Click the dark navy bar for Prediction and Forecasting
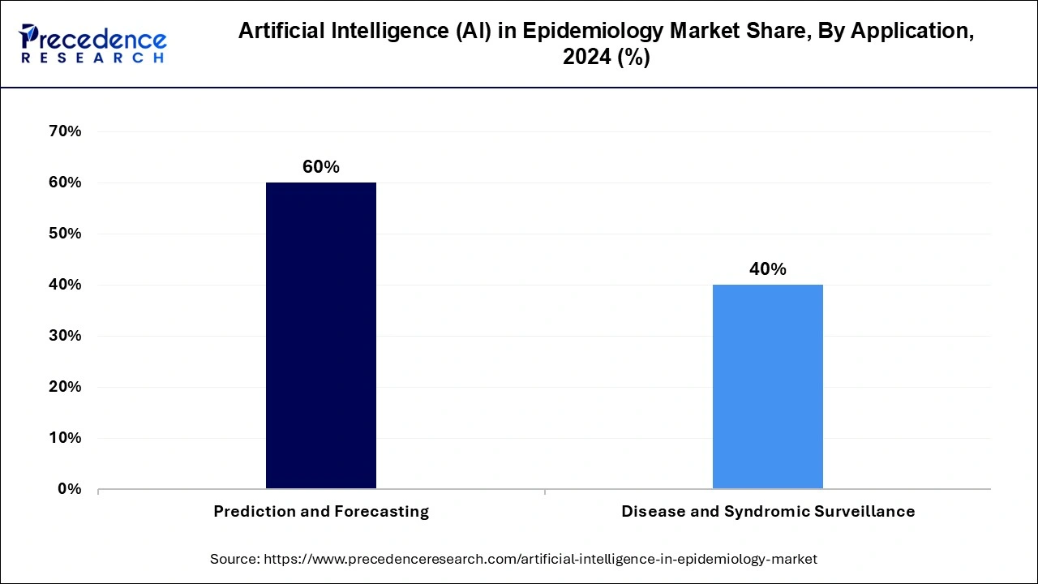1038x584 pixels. [321, 335]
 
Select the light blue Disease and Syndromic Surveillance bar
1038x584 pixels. [767, 386]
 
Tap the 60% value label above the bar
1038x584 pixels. [321, 167]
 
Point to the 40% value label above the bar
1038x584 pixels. [767, 269]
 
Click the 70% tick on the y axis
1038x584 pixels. [66, 131]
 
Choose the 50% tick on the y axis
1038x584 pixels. [66, 234]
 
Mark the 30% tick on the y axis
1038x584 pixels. [66, 336]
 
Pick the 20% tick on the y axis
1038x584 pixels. [66, 387]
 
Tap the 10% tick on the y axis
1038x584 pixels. [66, 438]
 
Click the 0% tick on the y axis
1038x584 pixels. [70, 489]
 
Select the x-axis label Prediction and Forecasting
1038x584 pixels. [321, 512]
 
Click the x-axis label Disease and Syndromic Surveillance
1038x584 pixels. [767, 512]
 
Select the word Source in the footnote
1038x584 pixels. [233, 559]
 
